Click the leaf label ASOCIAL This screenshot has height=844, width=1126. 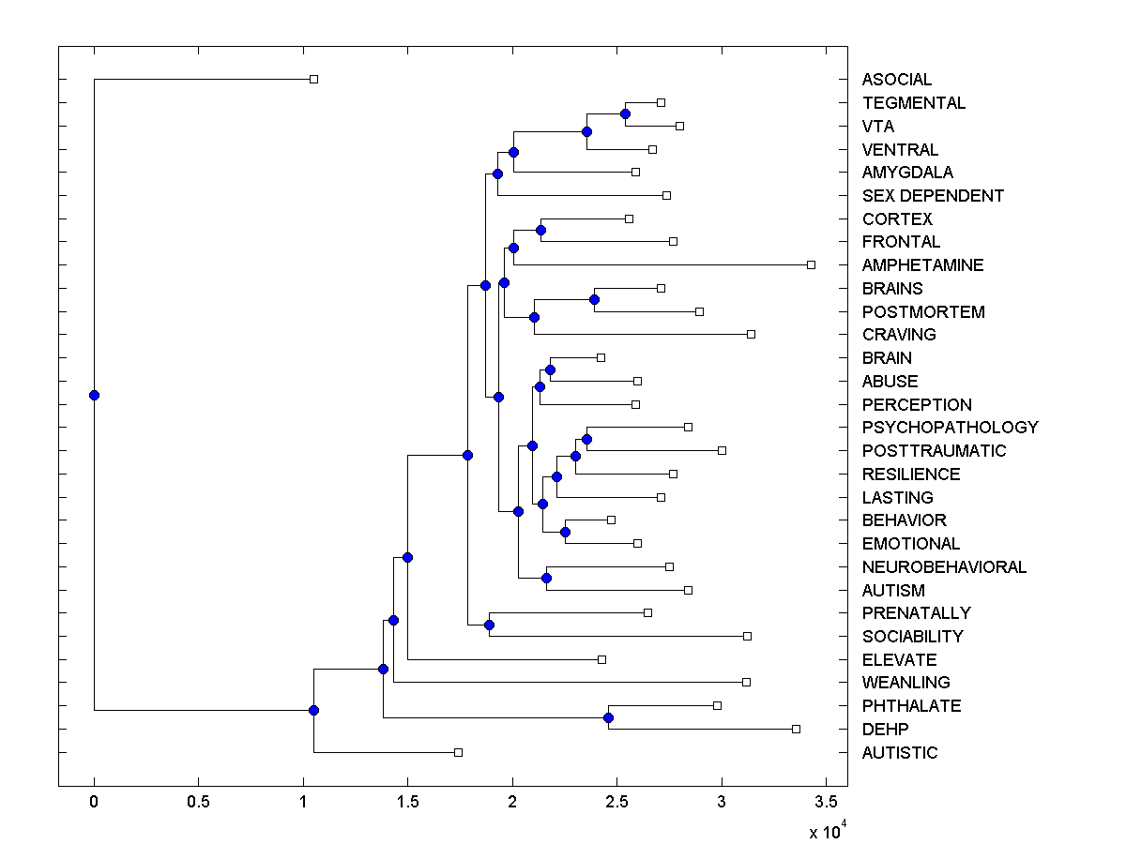(x=897, y=80)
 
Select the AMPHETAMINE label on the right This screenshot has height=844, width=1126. (x=922, y=265)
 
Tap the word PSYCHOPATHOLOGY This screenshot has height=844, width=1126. (x=950, y=428)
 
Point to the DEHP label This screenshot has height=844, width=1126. (x=885, y=730)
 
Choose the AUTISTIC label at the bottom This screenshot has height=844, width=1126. (x=899, y=753)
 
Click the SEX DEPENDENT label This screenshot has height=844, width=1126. (x=933, y=196)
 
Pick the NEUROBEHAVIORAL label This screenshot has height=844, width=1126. (x=944, y=567)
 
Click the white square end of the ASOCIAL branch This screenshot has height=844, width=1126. (x=314, y=79)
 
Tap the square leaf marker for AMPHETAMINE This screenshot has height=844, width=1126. (x=812, y=264)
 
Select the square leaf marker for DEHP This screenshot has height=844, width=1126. (x=796, y=729)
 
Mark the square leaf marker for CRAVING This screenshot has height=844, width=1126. (x=751, y=334)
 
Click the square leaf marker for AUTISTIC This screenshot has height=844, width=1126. (x=458, y=752)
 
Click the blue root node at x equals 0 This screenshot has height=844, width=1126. (x=94, y=395)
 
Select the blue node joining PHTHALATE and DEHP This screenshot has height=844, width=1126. (x=608, y=717)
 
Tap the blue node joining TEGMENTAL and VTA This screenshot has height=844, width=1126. (x=625, y=113)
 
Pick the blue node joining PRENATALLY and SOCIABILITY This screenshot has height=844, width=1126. (x=489, y=625)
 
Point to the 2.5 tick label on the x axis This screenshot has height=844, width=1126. (x=616, y=803)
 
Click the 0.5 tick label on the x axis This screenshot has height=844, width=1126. (x=198, y=803)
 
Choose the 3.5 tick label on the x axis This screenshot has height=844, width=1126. (x=826, y=803)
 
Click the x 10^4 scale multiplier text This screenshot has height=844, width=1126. (x=827, y=830)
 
